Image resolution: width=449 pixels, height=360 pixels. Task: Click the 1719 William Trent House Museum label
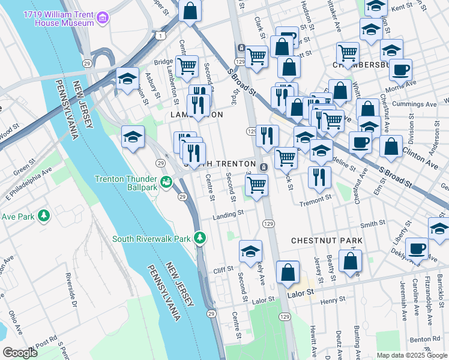pyautogui.click(x=59, y=17)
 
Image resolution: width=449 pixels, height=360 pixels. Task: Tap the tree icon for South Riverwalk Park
pyautogui.click(x=200, y=239)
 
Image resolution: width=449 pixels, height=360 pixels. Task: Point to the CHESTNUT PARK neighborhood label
pyautogui.click(x=327, y=241)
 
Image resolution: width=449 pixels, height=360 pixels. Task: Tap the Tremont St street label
pyautogui.click(x=316, y=199)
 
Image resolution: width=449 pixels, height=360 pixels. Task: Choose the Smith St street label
pyautogui.click(x=372, y=224)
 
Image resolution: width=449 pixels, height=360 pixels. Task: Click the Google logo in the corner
pyautogui.click(x=20, y=353)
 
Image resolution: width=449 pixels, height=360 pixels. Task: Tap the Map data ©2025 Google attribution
pyautogui.click(x=411, y=355)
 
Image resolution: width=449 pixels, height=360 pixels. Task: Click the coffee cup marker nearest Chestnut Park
pyautogui.click(x=417, y=248)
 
